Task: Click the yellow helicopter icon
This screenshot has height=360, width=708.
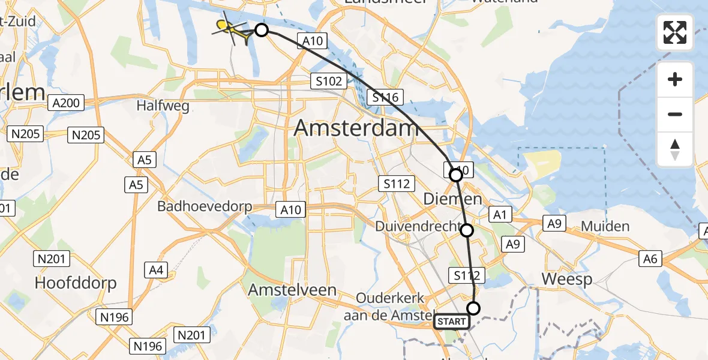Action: point(233,30)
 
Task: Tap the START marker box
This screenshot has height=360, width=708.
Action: point(451,322)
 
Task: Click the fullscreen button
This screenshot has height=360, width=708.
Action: point(675,32)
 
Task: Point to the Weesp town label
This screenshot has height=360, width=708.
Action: point(566,279)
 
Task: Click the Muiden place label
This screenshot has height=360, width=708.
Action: point(605,227)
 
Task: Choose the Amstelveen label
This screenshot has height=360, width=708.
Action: point(292,290)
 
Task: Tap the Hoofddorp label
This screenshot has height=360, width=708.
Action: point(76,283)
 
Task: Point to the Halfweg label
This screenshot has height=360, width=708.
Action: point(163,106)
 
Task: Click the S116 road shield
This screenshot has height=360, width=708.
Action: point(385,97)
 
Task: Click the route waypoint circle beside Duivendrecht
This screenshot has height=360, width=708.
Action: point(467,230)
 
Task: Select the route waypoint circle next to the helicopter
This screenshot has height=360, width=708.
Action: point(262,30)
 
